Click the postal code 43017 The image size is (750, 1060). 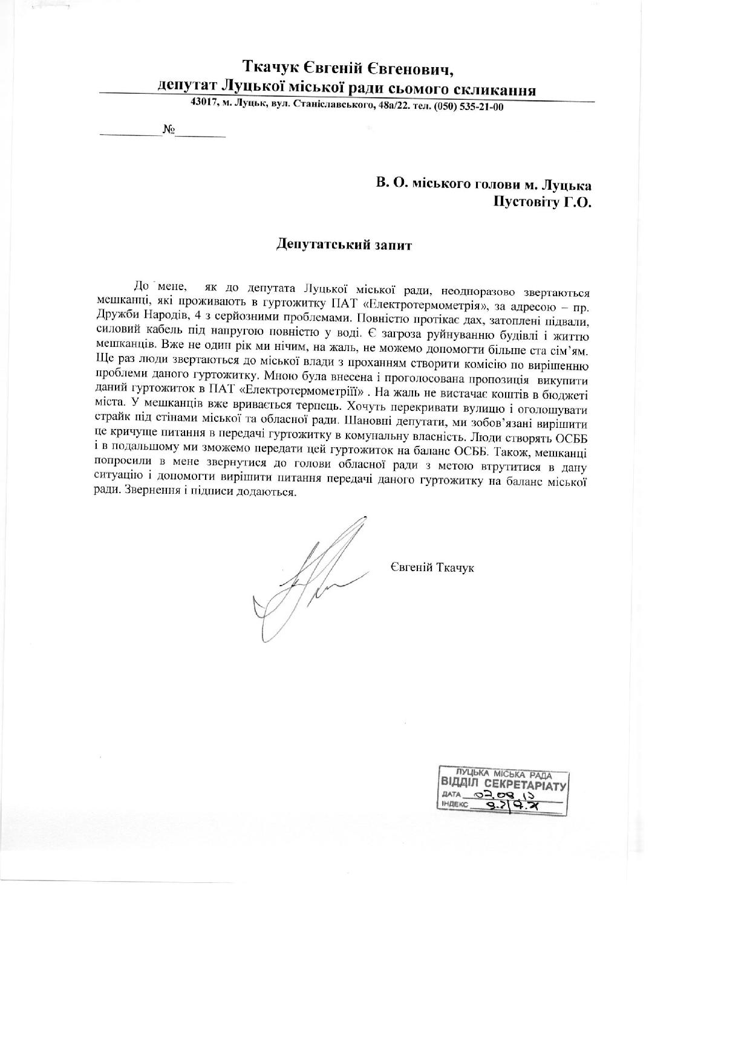point(204,103)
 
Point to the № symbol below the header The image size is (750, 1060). point(169,130)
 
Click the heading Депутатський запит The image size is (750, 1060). point(343,245)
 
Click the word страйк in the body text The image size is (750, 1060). point(111,418)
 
